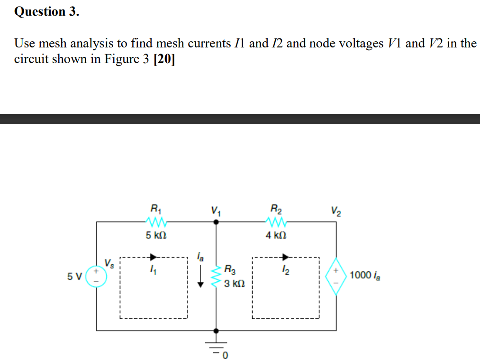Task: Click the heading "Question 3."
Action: [x=46, y=11]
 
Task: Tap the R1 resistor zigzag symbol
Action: [x=155, y=222]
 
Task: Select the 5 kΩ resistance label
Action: [x=155, y=235]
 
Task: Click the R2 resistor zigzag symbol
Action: [x=275, y=222]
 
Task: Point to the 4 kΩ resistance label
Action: [x=275, y=235]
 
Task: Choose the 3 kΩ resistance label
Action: [x=234, y=284]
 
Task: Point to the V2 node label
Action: [x=335, y=210]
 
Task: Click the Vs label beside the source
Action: [x=109, y=262]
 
